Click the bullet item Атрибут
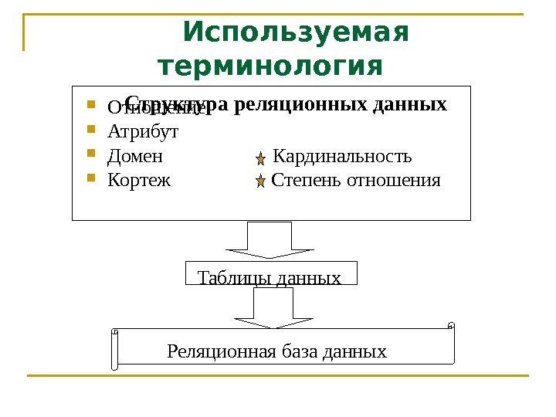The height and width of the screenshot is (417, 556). pos(143,131)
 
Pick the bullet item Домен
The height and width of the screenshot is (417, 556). pos(135,157)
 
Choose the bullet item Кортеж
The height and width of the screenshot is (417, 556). pos(139,181)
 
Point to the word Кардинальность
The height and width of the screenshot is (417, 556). pos(343,157)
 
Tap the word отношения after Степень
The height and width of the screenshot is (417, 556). pos(393,181)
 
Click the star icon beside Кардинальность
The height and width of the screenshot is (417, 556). pos(261,158)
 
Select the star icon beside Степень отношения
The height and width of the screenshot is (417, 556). pos(261,182)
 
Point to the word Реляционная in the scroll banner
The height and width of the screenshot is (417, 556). pos(210,352)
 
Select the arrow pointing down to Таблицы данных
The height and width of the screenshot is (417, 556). pos(270,240)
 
